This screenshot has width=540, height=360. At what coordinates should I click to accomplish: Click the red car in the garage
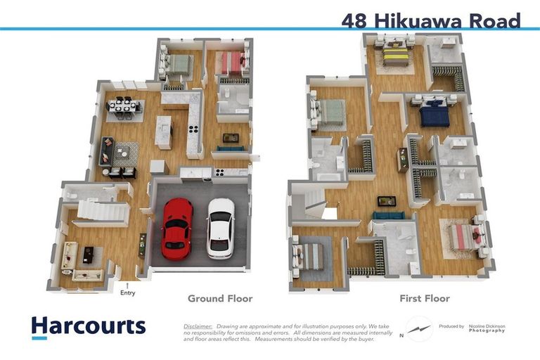tap(176, 227)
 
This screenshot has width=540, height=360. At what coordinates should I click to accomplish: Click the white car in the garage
tap(221, 226)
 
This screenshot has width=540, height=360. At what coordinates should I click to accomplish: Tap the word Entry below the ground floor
tap(127, 292)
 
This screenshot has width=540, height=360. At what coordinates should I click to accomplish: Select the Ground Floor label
tap(219, 299)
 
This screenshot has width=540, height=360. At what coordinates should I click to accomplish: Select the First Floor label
tap(424, 299)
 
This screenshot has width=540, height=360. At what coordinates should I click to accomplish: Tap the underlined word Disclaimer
tap(198, 326)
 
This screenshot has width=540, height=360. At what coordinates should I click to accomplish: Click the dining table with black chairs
tap(124, 107)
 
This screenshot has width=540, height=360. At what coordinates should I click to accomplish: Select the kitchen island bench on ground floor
tap(163, 131)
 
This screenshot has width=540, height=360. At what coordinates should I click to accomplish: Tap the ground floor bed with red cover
tap(229, 63)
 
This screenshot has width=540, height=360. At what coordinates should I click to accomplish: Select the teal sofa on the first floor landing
tap(388, 217)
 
